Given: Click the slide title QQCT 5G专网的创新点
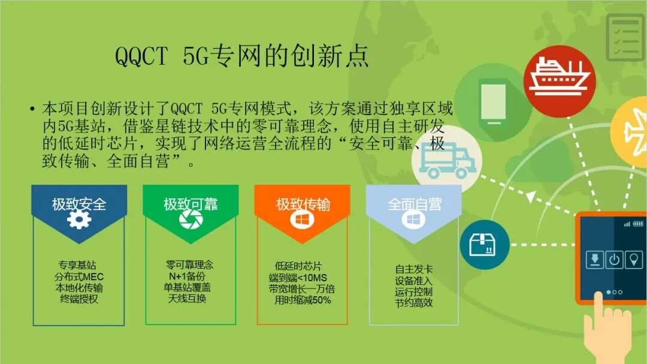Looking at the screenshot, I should coord(241,57).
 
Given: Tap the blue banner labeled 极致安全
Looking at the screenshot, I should coord(78,204).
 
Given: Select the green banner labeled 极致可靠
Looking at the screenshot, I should coord(191,204).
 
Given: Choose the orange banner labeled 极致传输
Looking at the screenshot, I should coord(303,204).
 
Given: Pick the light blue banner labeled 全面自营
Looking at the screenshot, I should coord(414,204).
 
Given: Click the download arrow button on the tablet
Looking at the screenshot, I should coord(594,260).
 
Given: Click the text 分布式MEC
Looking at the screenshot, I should coord(78,276).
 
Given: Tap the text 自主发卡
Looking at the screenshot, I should coord(413,269).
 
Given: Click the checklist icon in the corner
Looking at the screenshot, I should coord(625,37).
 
